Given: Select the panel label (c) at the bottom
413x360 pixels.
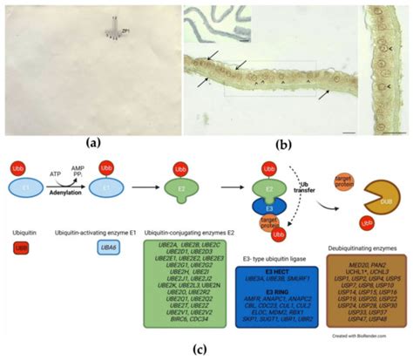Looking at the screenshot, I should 206,352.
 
